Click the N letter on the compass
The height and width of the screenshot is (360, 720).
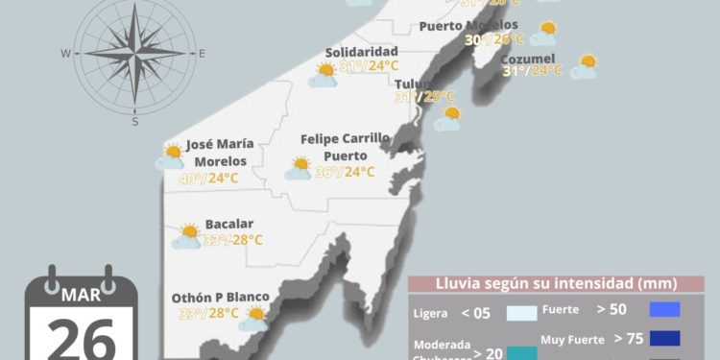pyautogui.click(x=135, y=3)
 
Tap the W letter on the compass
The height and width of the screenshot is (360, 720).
pyautogui.click(x=65, y=54)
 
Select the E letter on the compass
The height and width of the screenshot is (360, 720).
pyautogui.click(x=202, y=54)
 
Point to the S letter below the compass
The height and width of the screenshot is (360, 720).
pyautogui.click(x=134, y=122)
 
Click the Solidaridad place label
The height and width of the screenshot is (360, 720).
pyautogui.click(x=361, y=51)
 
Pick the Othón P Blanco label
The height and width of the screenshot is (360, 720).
pyautogui.click(x=220, y=298)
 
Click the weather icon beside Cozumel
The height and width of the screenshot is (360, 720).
pyautogui.click(x=584, y=67)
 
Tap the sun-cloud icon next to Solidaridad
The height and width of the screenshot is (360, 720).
pyautogui.click(x=324, y=75)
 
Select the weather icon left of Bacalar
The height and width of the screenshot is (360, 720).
pyautogui.click(x=186, y=236)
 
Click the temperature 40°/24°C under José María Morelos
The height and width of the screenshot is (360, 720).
pyautogui.click(x=208, y=178)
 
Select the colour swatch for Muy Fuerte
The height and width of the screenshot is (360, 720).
pyautogui.click(x=664, y=338)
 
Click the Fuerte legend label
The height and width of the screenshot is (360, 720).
pyautogui.click(x=560, y=310)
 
